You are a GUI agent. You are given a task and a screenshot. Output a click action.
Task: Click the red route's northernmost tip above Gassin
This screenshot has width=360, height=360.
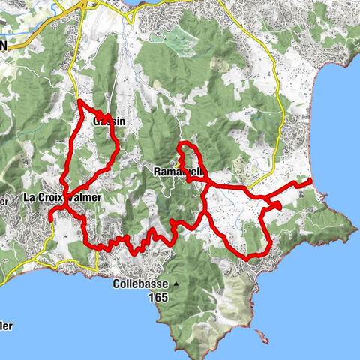(79, 100)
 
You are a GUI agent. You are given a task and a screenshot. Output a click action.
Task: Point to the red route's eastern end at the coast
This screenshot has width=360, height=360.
(310, 181)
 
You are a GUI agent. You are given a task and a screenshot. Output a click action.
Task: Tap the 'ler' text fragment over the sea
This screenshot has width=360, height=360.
(6, 325)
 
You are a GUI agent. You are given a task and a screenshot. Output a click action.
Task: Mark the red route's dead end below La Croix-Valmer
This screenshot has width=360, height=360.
(50, 217)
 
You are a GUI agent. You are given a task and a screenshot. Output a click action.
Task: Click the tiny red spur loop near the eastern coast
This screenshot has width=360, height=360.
(276, 205)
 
